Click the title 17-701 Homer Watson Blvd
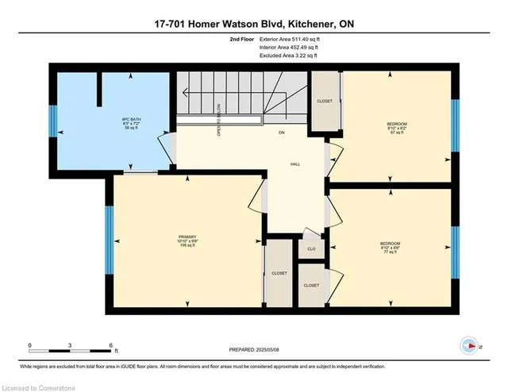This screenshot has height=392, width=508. (x=253, y=24)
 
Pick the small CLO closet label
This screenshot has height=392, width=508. (x=310, y=249)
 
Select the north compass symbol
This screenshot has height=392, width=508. (x=469, y=345)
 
